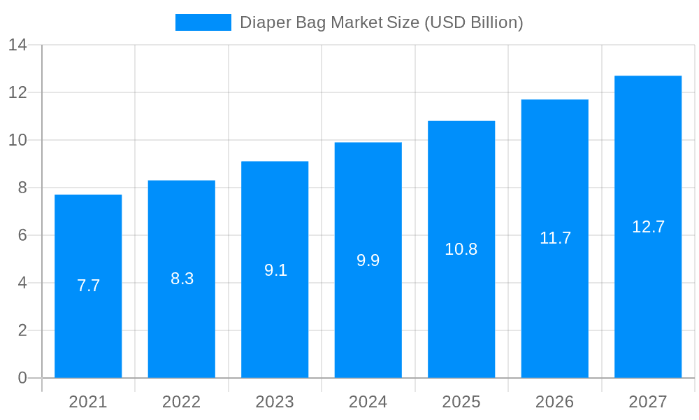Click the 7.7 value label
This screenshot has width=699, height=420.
(x=88, y=286)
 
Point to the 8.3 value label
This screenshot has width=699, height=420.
(x=182, y=279)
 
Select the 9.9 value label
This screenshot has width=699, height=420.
(x=368, y=260)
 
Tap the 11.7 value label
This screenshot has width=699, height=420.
(x=555, y=238)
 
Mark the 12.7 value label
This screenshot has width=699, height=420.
(x=648, y=227)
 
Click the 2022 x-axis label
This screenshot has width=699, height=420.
(x=181, y=402)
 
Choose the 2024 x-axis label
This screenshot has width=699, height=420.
(x=368, y=402)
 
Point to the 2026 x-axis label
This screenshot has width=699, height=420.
(x=554, y=402)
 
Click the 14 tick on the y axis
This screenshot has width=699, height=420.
(x=17, y=45)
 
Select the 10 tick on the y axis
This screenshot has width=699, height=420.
(x=17, y=140)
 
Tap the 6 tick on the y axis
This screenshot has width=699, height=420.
(x=22, y=235)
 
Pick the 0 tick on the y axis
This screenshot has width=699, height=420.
(x=22, y=378)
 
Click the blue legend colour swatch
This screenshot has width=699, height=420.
(x=203, y=22)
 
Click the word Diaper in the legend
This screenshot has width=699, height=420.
(x=262, y=22)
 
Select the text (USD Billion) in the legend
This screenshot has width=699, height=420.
(x=473, y=22)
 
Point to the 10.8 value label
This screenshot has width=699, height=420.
(x=461, y=249)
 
